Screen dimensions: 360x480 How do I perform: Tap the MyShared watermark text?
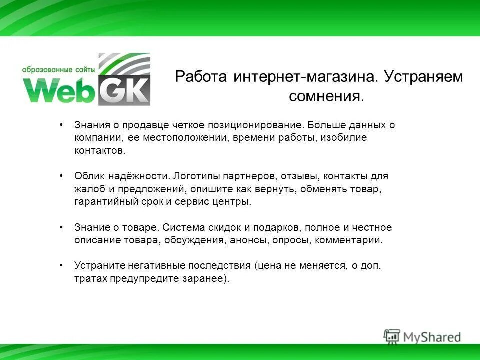click(x=432, y=337)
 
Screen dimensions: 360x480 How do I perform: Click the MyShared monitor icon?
click(x=392, y=336)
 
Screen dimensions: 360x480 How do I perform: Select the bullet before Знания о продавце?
click(x=61, y=124)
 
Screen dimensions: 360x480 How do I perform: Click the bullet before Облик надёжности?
click(x=61, y=176)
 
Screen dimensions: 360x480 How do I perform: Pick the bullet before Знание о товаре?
click(x=61, y=227)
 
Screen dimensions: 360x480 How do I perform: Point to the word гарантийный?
click(x=102, y=202)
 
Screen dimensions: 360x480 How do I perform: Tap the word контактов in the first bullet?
click(x=97, y=150)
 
